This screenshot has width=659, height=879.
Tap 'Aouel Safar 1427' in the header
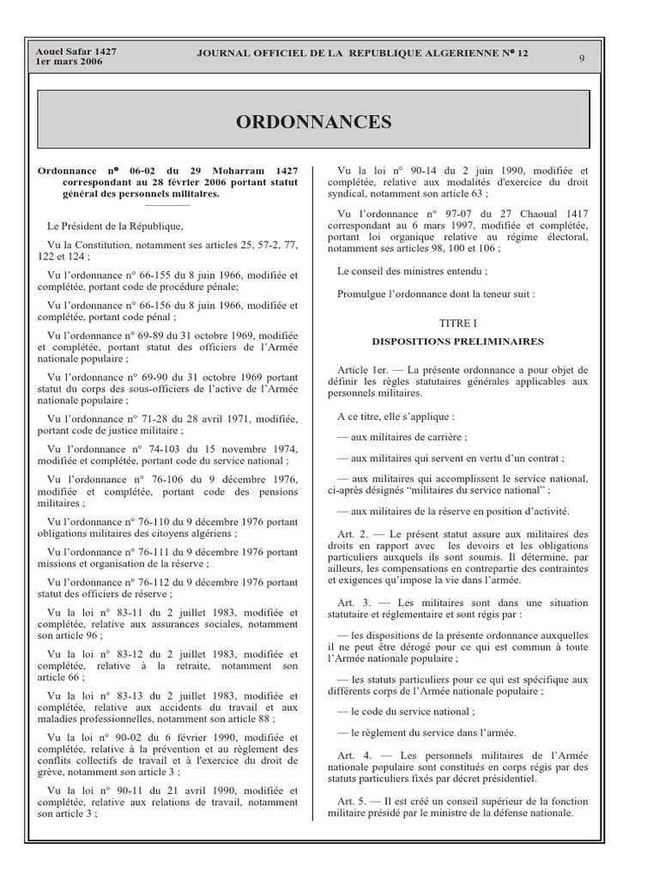coord(76,52)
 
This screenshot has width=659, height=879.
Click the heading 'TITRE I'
coord(457,324)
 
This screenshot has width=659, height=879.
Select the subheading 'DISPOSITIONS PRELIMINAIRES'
coord(457,341)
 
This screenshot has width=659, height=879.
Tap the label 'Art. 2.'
coord(353,534)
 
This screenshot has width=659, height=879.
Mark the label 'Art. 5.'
coord(353,801)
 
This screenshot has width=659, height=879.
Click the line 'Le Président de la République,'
coord(116,227)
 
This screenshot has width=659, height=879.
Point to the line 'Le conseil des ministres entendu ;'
coord(413,271)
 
